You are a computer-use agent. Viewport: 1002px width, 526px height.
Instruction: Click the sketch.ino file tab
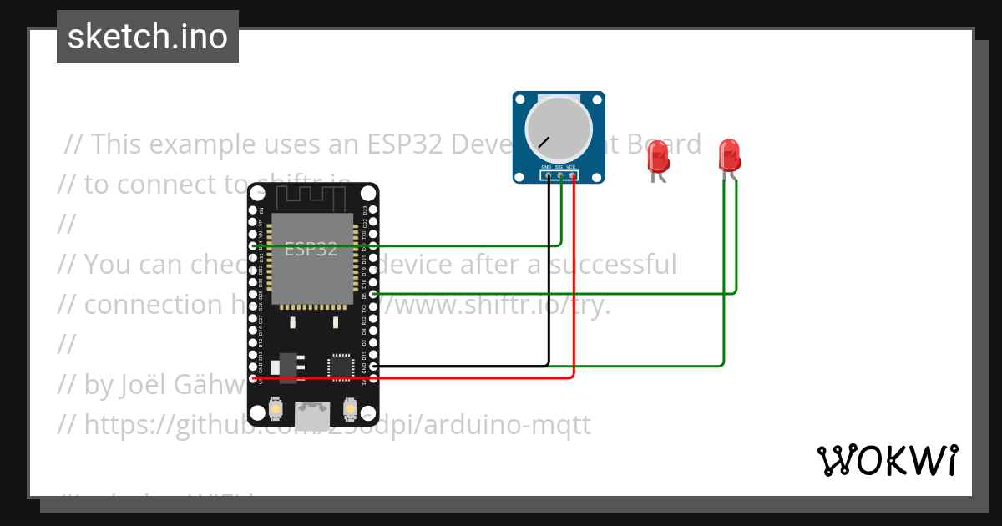pyautogui.click(x=148, y=37)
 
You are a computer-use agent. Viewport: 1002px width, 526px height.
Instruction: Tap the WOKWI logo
pyautogui.click(x=887, y=460)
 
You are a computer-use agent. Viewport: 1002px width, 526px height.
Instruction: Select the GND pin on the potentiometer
pyautogui.click(x=548, y=175)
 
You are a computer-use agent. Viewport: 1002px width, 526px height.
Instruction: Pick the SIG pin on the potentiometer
pyautogui.click(x=560, y=175)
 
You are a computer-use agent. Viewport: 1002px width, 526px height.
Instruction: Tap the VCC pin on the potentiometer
pyautogui.click(x=573, y=175)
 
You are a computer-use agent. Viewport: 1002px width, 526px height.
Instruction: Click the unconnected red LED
pyautogui.click(x=658, y=157)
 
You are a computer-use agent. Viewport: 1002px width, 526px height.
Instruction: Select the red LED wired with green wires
pyautogui.click(x=729, y=155)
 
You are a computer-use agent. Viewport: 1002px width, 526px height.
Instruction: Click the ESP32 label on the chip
pyautogui.click(x=311, y=249)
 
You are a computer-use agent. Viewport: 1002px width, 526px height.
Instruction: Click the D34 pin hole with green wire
pyautogui.click(x=254, y=246)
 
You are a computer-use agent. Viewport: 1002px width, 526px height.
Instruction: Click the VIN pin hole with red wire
pyautogui.click(x=254, y=378)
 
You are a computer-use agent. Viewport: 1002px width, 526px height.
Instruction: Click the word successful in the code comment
pyautogui.click(x=617, y=265)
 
